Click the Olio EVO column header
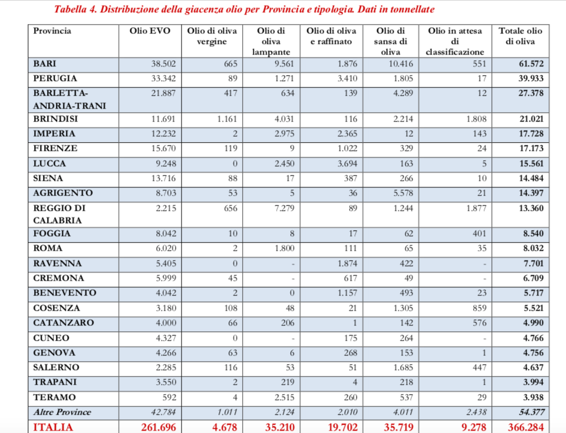(x=149, y=31)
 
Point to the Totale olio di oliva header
(x=520, y=36)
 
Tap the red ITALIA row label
(x=53, y=427)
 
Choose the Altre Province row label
(x=62, y=412)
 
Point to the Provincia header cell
(x=52, y=31)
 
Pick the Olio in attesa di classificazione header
(x=455, y=41)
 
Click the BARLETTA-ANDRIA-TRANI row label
(x=59, y=99)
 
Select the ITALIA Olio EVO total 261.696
(x=158, y=427)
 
